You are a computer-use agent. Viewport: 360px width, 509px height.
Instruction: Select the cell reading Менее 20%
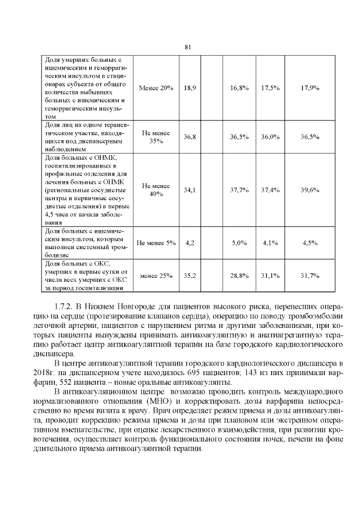click(156, 88)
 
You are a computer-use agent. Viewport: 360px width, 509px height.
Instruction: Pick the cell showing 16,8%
click(240, 88)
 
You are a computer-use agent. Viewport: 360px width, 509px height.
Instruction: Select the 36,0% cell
click(271, 137)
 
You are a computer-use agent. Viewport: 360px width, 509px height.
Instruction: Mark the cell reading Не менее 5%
click(156, 242)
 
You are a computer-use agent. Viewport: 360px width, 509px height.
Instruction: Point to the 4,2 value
click(190, 242)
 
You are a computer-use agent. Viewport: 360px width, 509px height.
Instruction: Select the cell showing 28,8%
click(240, 276)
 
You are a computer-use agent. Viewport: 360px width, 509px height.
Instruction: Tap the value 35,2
click(190, 276)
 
